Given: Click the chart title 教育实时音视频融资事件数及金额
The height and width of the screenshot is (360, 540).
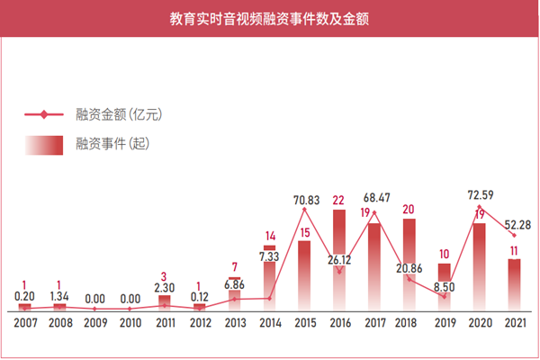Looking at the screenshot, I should pos(270,17).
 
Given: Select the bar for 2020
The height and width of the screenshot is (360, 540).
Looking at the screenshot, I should pos(480,265).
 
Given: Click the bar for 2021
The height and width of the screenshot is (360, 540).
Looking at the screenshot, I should pos(515,284).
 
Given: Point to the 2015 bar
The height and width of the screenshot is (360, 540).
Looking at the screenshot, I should pos(304,274).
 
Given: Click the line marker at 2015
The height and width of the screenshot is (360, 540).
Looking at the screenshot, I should pos(304,209).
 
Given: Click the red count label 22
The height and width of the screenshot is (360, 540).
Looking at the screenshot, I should pos(339,200).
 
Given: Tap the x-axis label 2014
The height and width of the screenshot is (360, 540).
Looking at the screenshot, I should pos(269,322).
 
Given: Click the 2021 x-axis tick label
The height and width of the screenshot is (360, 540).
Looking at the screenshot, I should pos(515,322).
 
